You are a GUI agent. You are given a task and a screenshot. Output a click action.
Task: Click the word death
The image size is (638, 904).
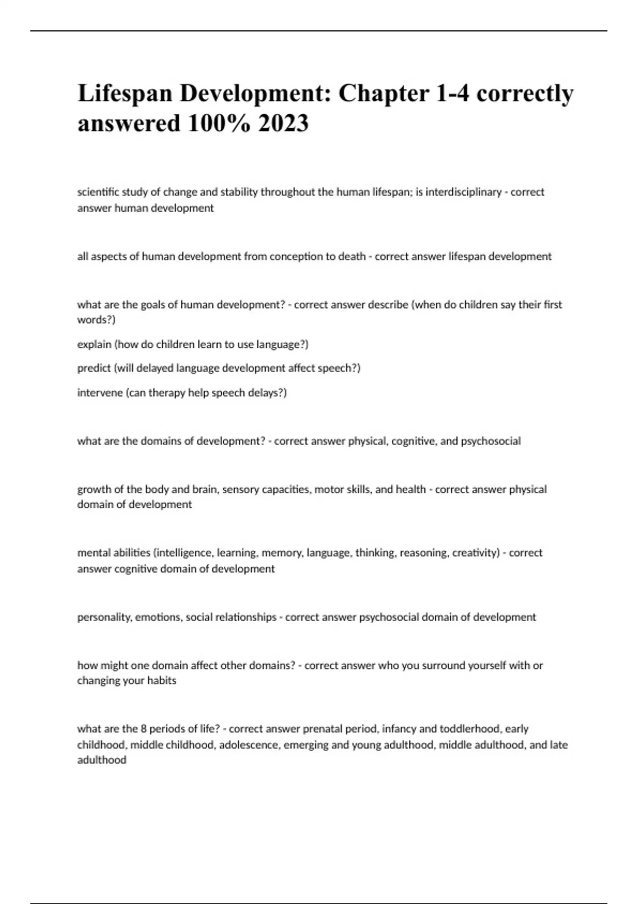click(351, 256)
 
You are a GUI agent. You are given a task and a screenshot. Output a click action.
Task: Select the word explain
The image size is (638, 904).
click(94, 345)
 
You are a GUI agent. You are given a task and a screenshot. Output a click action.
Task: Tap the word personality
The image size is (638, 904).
click(104, 617)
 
